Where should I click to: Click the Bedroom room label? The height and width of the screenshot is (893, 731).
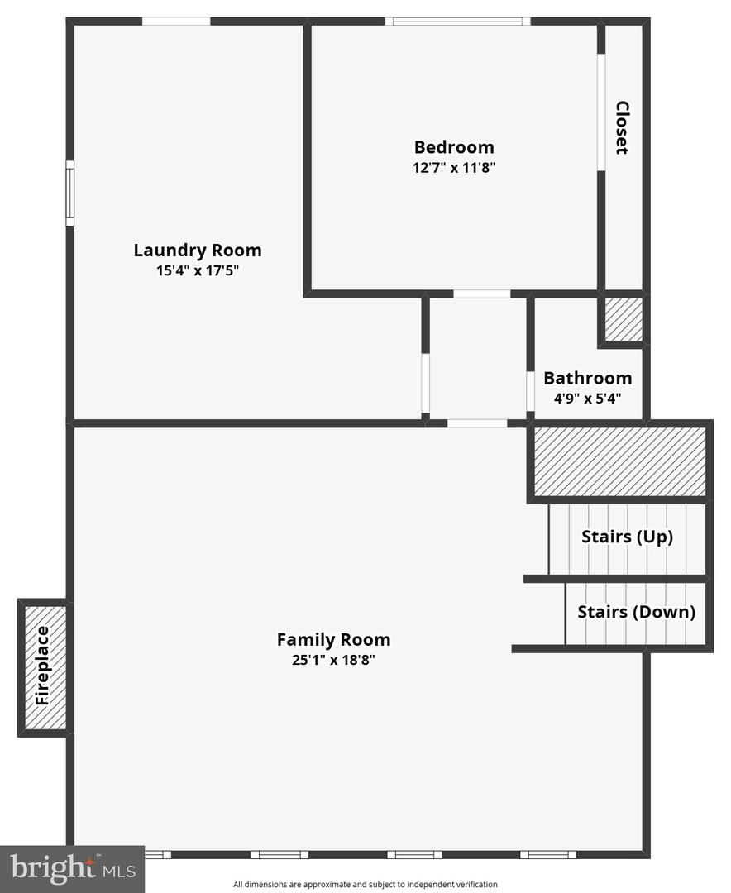click(454, 147)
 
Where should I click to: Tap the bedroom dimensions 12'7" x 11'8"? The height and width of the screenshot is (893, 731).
click(454, 167)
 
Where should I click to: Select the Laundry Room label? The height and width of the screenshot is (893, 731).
click(198, 250)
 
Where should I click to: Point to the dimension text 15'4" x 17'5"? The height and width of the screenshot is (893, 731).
click(198, 270)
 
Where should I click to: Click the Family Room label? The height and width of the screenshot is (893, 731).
click(333, 639)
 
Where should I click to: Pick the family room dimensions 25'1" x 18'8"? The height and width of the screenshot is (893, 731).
click(333, 660)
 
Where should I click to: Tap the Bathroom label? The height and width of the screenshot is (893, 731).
click(587, 378)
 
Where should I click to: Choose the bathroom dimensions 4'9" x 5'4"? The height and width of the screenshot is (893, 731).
click(587, 398)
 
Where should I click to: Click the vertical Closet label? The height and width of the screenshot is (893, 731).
click(622, 127)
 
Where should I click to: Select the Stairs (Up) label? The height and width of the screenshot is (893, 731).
click(627, 537)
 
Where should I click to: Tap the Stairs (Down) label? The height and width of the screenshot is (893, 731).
click(636, 612)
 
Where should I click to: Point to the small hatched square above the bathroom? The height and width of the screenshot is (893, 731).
click(623, 320)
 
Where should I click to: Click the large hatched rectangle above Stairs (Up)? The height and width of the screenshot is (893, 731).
click(619, 461)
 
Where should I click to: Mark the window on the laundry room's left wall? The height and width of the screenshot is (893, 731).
click(70, 193)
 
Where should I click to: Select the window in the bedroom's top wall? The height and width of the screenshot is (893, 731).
click(457, 21)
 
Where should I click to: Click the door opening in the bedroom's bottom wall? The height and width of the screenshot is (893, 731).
click(482, 294)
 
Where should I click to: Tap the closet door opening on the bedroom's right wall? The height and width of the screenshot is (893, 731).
click(601, 112)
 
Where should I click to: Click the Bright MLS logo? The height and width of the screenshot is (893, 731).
click(72, 868)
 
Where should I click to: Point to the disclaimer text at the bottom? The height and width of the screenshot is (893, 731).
click(365, 884)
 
